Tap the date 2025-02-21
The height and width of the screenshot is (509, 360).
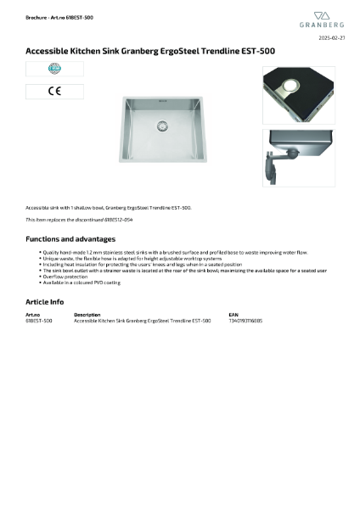click(332, 39)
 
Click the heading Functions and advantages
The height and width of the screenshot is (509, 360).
click(70, 239)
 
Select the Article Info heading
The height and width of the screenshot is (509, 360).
click(44, 301)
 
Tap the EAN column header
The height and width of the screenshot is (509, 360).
click(233, 315)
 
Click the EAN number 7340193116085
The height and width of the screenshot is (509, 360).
click(245, 321)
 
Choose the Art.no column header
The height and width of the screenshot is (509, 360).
click(33, 315)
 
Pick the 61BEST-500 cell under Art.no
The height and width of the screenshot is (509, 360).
click(39, 321)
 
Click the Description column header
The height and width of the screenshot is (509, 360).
click(87, 315)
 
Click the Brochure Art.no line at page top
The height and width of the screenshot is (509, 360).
click(59, 17)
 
